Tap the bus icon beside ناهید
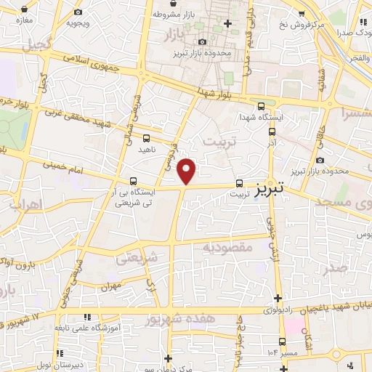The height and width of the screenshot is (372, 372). pyautogui.click(x=147, y=137)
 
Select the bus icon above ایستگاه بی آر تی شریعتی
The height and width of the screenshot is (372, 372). pyautogui.click(x=132, y=181)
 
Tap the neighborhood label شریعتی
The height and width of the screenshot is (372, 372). pyautogui.click(x=137, y=258)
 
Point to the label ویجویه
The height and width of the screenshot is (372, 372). pyautogui.click(x=78, y=22)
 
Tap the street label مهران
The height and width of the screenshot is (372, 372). pyautogui.click(x=112, y=288)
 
